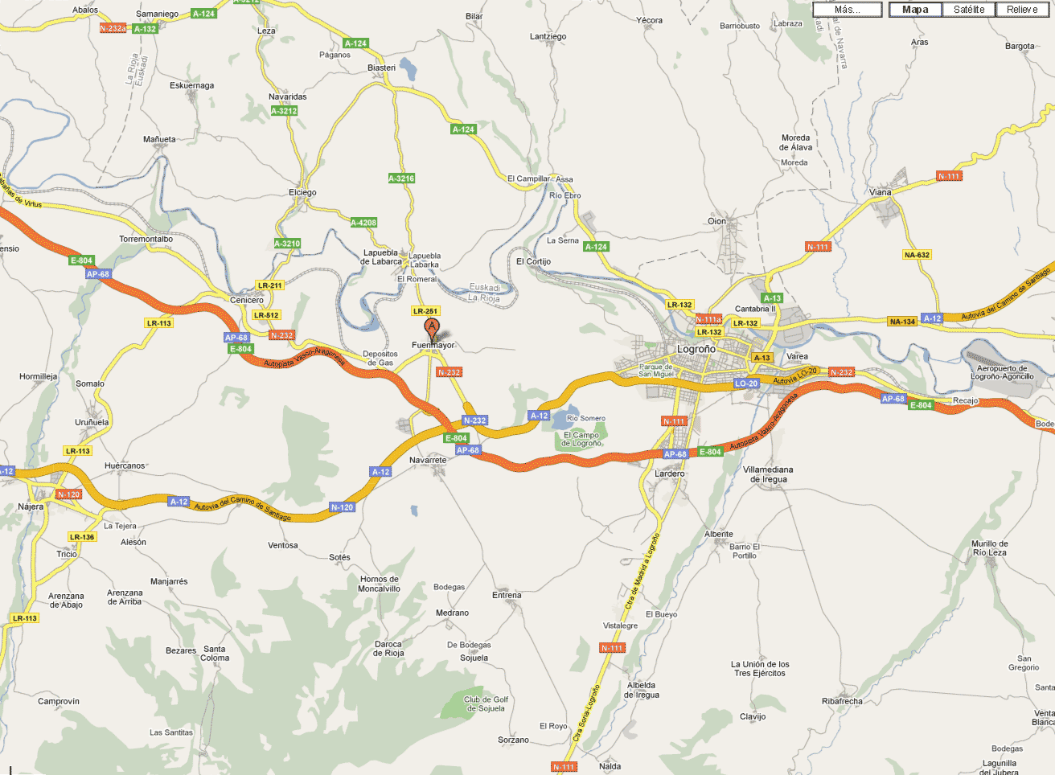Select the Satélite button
pos(968,10)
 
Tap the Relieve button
pos(1021,10)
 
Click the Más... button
pos(847,10)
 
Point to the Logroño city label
pos(696,349)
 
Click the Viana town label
pos(880,192)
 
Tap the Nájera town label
pos(31,506)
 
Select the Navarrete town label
pos(428,460)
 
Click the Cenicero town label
pos(247,300)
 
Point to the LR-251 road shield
pos(425,311)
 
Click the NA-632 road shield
pos(917,255)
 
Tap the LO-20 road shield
pos(746,383)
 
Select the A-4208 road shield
pos(363,223)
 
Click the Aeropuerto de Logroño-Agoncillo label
pos(1002,372)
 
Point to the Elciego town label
pos(302,192)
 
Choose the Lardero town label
pos(669,474)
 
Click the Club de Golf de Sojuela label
pos(486,704)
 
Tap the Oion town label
pos(716,221)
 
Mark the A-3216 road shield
pos(401,178)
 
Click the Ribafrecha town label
pos(842,701)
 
